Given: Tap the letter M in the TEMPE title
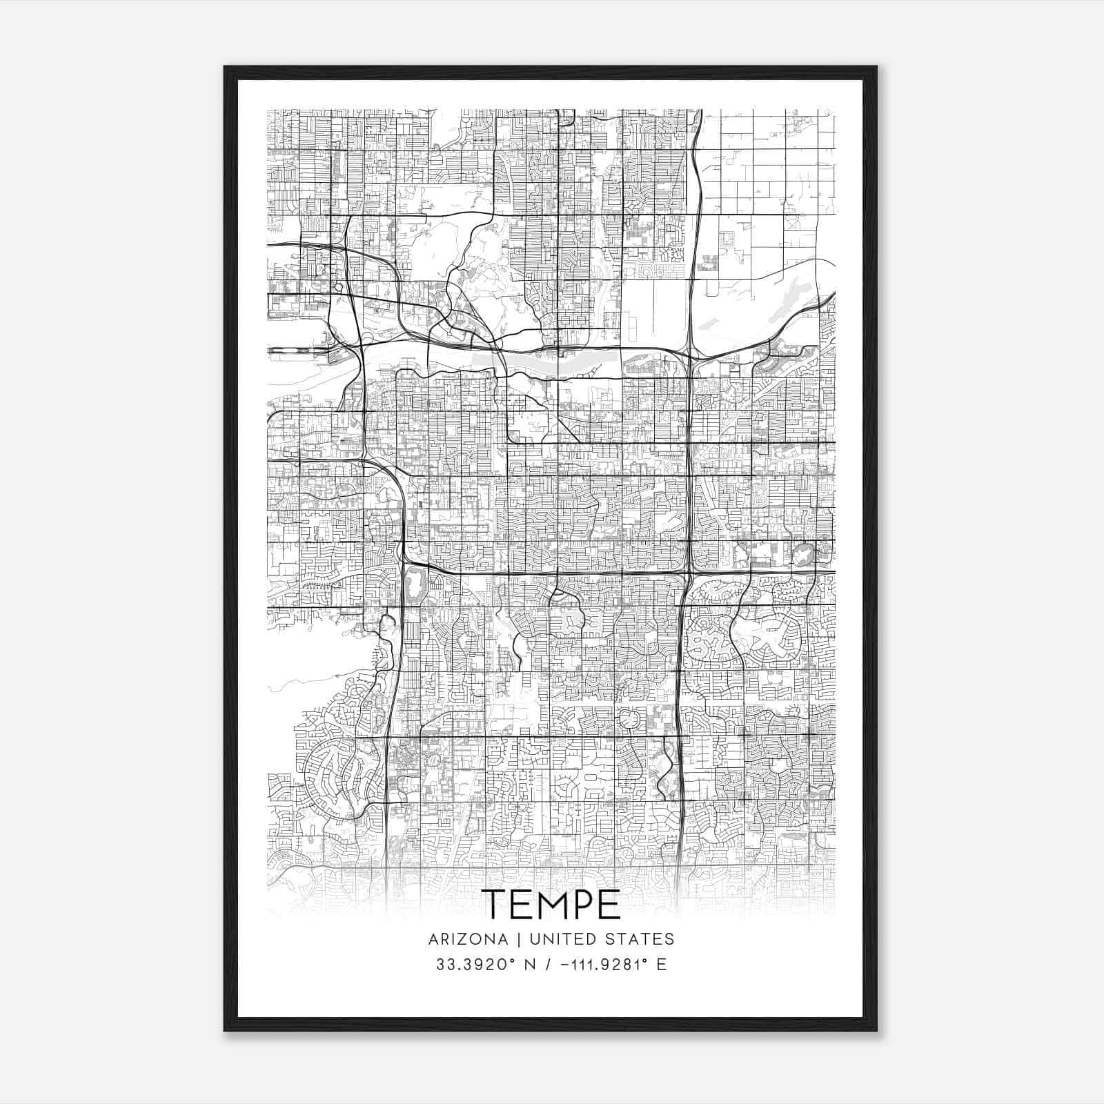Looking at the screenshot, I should pos(551,904).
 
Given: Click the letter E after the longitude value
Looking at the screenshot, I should pos(661,965).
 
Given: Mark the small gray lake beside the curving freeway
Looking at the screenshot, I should pos(415,586).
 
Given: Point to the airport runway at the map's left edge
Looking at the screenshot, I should pos(293,351).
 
